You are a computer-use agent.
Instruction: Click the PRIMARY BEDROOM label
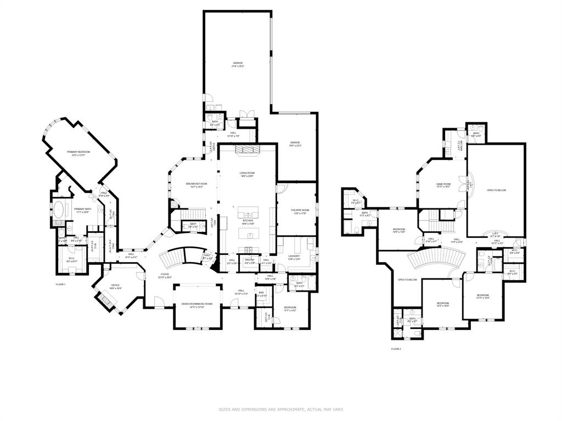click(78, 152)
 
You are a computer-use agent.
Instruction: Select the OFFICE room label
click(115, 285)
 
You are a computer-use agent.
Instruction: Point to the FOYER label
click(165, 274)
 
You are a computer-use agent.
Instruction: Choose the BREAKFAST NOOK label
click(196, 184)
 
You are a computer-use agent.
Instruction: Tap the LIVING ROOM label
click(247, 173)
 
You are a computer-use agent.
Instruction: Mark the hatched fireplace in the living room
click(246, 149)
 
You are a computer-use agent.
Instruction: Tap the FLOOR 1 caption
click(60, 285)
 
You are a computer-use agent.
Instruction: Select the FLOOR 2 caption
click(396, 349)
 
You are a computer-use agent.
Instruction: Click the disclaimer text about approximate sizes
click(281, 409)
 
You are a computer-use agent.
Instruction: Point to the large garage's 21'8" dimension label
click(238, 66)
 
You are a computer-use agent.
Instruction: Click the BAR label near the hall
click(261, 293)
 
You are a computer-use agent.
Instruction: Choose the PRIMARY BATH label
click(83, 209)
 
